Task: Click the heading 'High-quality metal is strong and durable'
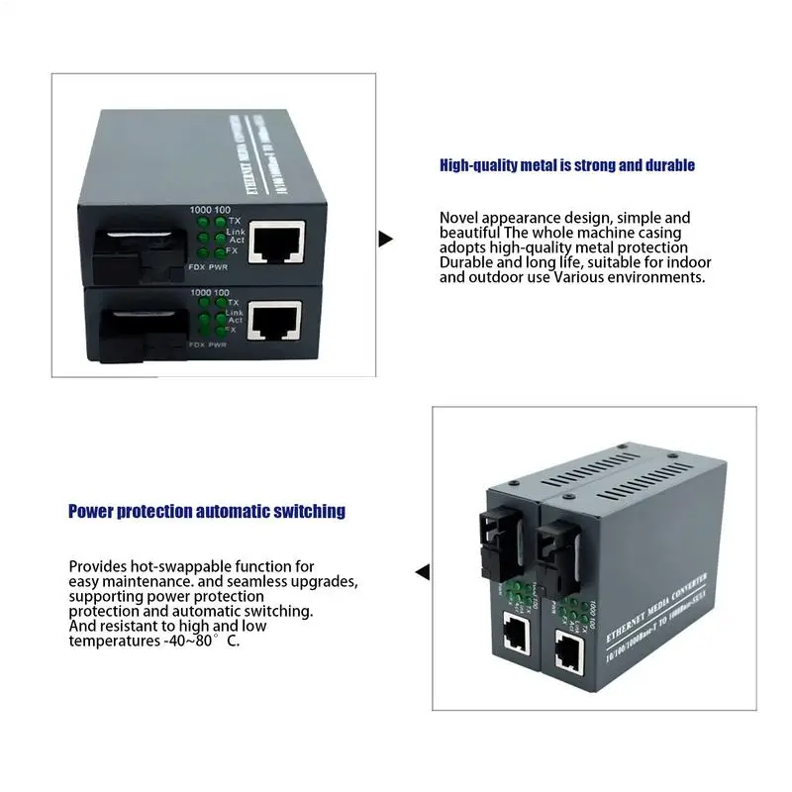[567, 165]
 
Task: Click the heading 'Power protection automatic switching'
[207, 511]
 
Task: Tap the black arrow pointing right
[386, 239]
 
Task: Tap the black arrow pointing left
[423, 572]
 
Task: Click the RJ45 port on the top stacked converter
[273, 241]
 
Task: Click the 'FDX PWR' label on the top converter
[208, 268]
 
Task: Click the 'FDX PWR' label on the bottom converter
[208, 345]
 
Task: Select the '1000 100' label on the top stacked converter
[210, 209]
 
